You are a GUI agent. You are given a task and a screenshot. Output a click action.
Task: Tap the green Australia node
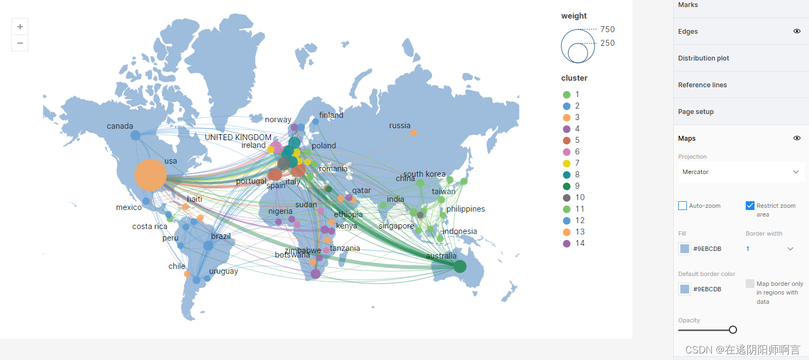pos(460,266)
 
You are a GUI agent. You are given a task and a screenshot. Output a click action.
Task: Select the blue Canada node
pos(135,135)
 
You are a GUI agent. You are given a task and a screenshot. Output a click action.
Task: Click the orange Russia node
pos(414,133)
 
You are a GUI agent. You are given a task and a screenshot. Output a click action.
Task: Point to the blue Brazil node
pos(208,245)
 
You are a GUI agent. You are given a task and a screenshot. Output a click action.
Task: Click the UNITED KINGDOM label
pos(238,137)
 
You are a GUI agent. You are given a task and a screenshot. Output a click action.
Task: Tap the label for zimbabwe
pos(303,250)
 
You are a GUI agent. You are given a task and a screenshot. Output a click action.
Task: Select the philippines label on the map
pos(466,209)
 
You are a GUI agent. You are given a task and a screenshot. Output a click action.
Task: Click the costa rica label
pos(150,226)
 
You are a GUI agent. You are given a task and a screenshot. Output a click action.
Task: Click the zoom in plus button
pos(20,27)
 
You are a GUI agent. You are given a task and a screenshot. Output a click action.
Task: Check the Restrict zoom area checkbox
pos(750,206)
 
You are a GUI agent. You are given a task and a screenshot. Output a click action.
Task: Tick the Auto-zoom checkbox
pos(683,206)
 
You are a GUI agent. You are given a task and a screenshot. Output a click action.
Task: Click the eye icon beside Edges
pos(797,31)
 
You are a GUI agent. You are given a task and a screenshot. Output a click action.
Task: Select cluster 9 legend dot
pos(566,186)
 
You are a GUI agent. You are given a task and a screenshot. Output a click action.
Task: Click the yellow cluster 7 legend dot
pos(566,163)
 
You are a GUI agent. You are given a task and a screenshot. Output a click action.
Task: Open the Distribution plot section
pos(703,58)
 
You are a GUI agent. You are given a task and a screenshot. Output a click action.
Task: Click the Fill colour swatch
pos(684,249)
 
